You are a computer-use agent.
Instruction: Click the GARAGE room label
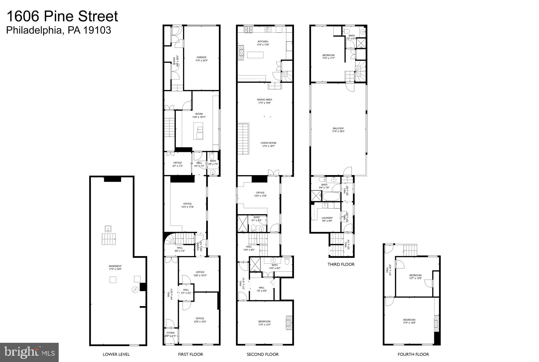pos(201,57)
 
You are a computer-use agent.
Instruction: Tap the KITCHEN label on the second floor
pos(263,42)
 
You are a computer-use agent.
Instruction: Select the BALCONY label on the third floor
pos(338,128)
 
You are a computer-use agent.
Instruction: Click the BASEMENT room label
pos(115,266)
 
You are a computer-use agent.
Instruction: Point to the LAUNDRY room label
pos(327,218)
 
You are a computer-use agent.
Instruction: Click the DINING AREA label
pos(264,100)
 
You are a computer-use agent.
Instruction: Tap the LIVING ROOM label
pos(268,143)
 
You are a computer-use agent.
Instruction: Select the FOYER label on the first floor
pos(171,333)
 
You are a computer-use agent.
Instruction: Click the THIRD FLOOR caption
pos(341,264)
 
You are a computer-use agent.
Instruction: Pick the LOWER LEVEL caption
pos(116,354)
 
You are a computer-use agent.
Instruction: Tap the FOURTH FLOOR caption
pos(413,354)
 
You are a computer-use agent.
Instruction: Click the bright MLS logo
pos(29,352)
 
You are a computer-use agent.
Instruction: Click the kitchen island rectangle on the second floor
pos(255,55)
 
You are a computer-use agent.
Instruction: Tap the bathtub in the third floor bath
pos(331,196)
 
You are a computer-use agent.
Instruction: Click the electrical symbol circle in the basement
pos(135,290)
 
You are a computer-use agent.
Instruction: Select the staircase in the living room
pos(243,139)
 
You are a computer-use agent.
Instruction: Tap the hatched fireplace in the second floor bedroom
pos(289,323)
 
